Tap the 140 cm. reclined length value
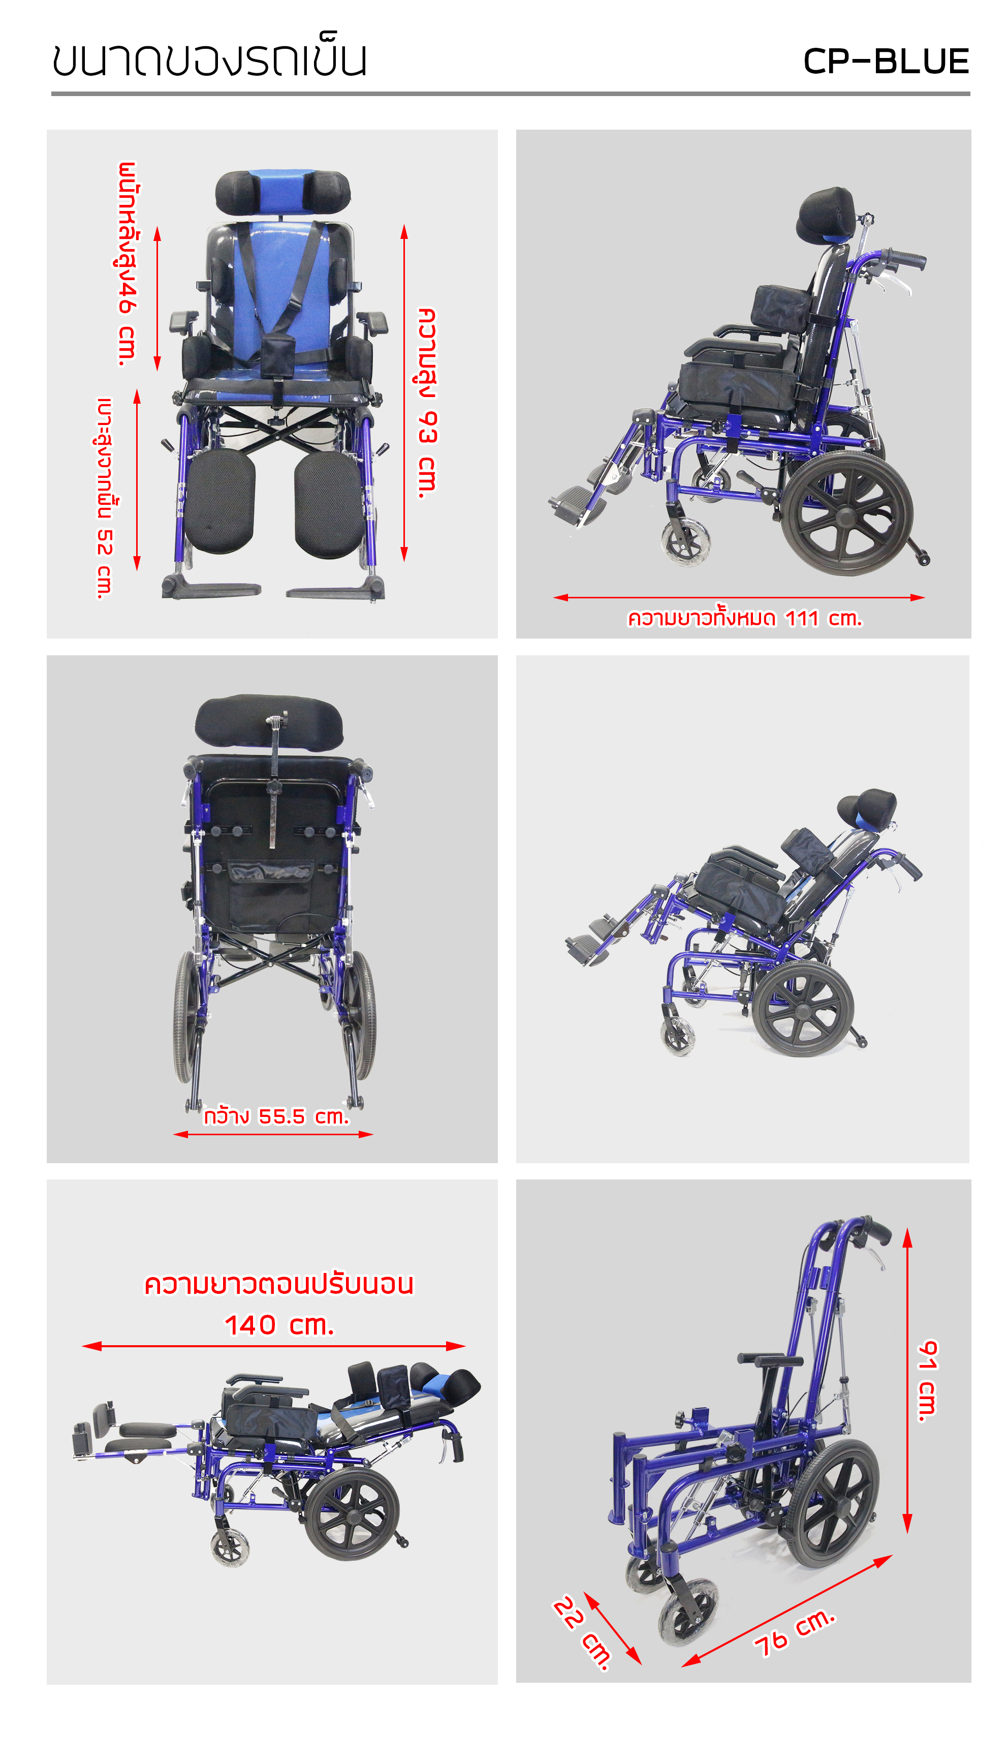point(279,1325)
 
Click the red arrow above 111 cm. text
point(739,597)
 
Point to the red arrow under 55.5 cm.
point(273,1134)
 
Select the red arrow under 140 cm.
point(273,1346)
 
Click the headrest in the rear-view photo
point(269,721)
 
